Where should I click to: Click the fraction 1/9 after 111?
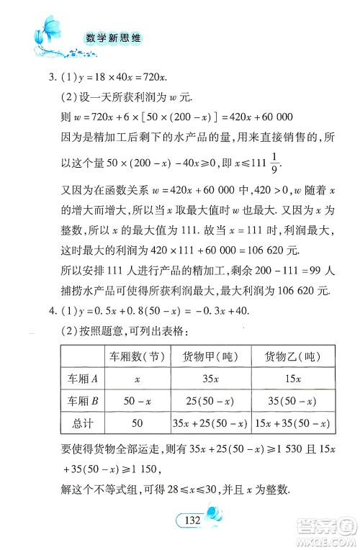(x=274, y=165)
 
